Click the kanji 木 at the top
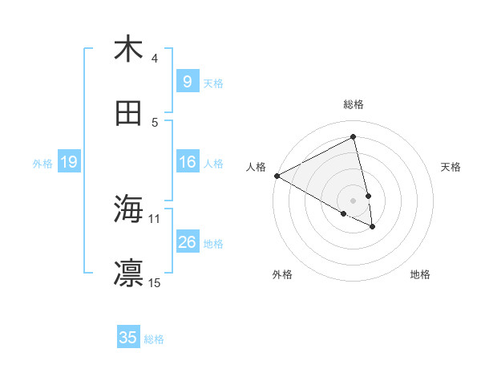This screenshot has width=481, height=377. [x=128, y=49]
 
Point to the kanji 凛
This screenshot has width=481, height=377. [x=128, y=274]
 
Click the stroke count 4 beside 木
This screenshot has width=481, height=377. [x=155, y=59]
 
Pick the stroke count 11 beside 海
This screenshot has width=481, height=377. [x=155, y=218]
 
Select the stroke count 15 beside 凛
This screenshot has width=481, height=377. [x=155, y=282]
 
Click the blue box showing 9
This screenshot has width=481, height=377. [x=187, y=82]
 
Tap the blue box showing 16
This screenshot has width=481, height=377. [x=187, y=163]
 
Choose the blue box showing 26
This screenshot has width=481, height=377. [x=187, y=242]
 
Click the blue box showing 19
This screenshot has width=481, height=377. [x=68, y=163]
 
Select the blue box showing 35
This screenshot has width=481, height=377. [x=128, y=338]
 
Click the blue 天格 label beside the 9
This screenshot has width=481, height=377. [x=213, y=83]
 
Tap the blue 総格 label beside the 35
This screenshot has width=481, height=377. [x=154, y=339]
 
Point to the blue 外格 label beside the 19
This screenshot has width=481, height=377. [x=42, y=164]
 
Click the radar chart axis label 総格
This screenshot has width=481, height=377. [x=353, y=104]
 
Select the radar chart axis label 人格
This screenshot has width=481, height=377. [x=257, y=166]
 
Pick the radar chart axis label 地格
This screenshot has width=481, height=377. [x=420, y=274]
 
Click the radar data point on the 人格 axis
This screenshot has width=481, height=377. [x=277, y=176]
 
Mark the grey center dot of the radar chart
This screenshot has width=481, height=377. [x=353, y=200]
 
